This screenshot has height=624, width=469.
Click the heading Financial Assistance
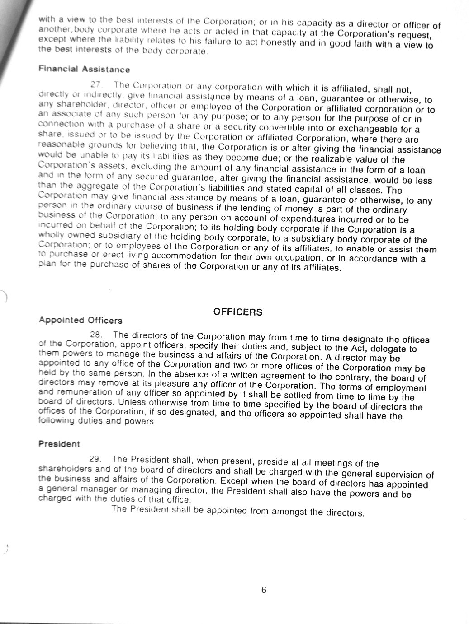(x=84, y=69)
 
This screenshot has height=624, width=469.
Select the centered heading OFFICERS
(x=237, y=312)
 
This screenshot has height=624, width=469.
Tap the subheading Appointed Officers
(x=81, y=321)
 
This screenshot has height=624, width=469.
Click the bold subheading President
(x=59, y=444)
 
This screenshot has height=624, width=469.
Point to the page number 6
(x=264, y=590)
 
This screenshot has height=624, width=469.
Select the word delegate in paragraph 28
(x=389, y=349)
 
